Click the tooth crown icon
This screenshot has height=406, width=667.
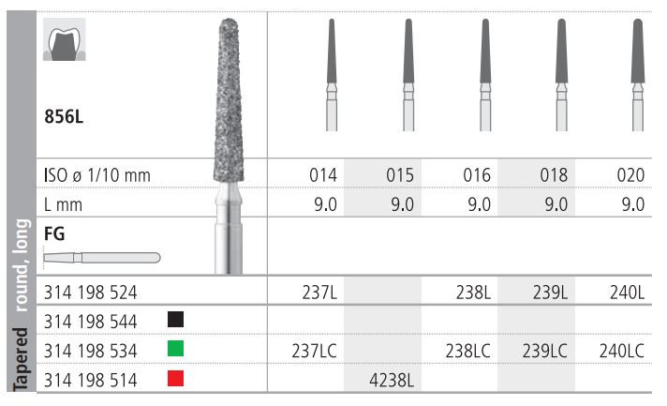click(65, 39)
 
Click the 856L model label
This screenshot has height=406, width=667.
click(64, 116)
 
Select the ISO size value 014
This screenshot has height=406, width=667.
click(323, 175)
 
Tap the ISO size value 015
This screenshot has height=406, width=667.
click(400, 175)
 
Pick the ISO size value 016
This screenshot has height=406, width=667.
click(477, 175)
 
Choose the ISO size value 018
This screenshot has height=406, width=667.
click(554, 175)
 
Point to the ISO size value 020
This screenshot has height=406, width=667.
click(630, 175)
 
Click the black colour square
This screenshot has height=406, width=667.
click(176, 319)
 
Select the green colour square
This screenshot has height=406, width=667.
click(176, 348)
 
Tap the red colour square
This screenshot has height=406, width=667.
click(176, 378)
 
